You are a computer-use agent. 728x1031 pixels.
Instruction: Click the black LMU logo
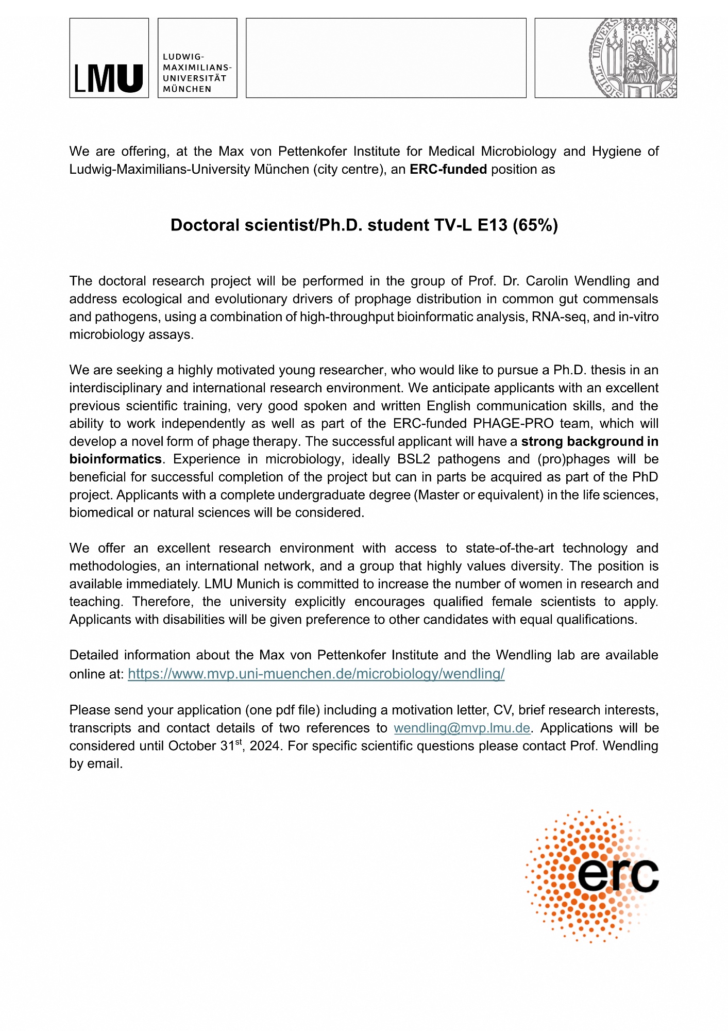[x=109, y=78]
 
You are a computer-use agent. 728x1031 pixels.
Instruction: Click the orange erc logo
[x=592, y=876]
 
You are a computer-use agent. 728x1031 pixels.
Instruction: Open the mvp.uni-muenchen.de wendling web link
[x=316, y=674]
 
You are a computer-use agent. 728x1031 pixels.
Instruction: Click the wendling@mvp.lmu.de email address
[x=462, y=728]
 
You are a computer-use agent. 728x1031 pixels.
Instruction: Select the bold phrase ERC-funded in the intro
[x=448, y=170]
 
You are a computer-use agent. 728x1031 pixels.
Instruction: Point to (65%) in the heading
[x=535, y=225]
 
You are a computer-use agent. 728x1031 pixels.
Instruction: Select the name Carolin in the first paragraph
[x=547, y=281]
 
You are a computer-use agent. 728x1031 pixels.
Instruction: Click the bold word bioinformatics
[x=115, y=459]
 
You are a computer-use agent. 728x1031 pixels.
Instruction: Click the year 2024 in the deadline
[x=265, y=746]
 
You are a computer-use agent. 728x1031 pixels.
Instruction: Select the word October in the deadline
[x=191, y=746]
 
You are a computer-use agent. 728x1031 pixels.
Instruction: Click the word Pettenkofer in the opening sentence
[x=313, y=152]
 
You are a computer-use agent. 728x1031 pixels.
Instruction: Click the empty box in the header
[x=386, y=58]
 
